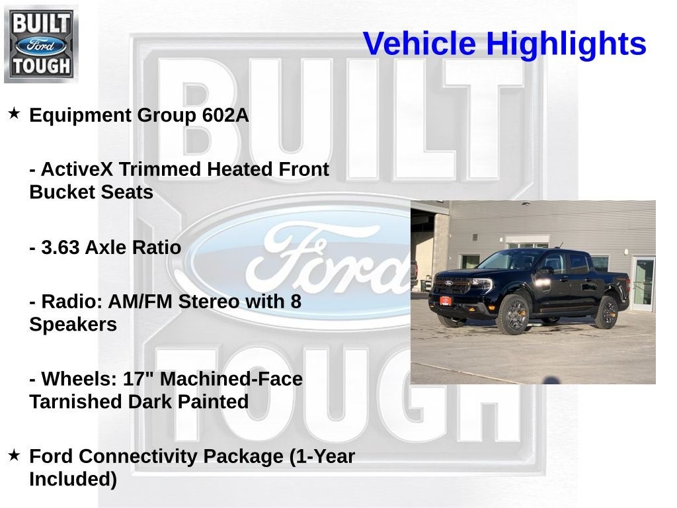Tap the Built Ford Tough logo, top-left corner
(x=41, y=44)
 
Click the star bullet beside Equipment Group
(x=14, y=114)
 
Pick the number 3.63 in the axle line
(x=60, y=247)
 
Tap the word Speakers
(x=73, y=325)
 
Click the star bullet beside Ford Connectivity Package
(x=14, y=455)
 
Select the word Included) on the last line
(x=73, y=479)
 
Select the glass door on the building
(x=643, y=283)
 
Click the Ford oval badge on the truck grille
(x=448, y=283)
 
